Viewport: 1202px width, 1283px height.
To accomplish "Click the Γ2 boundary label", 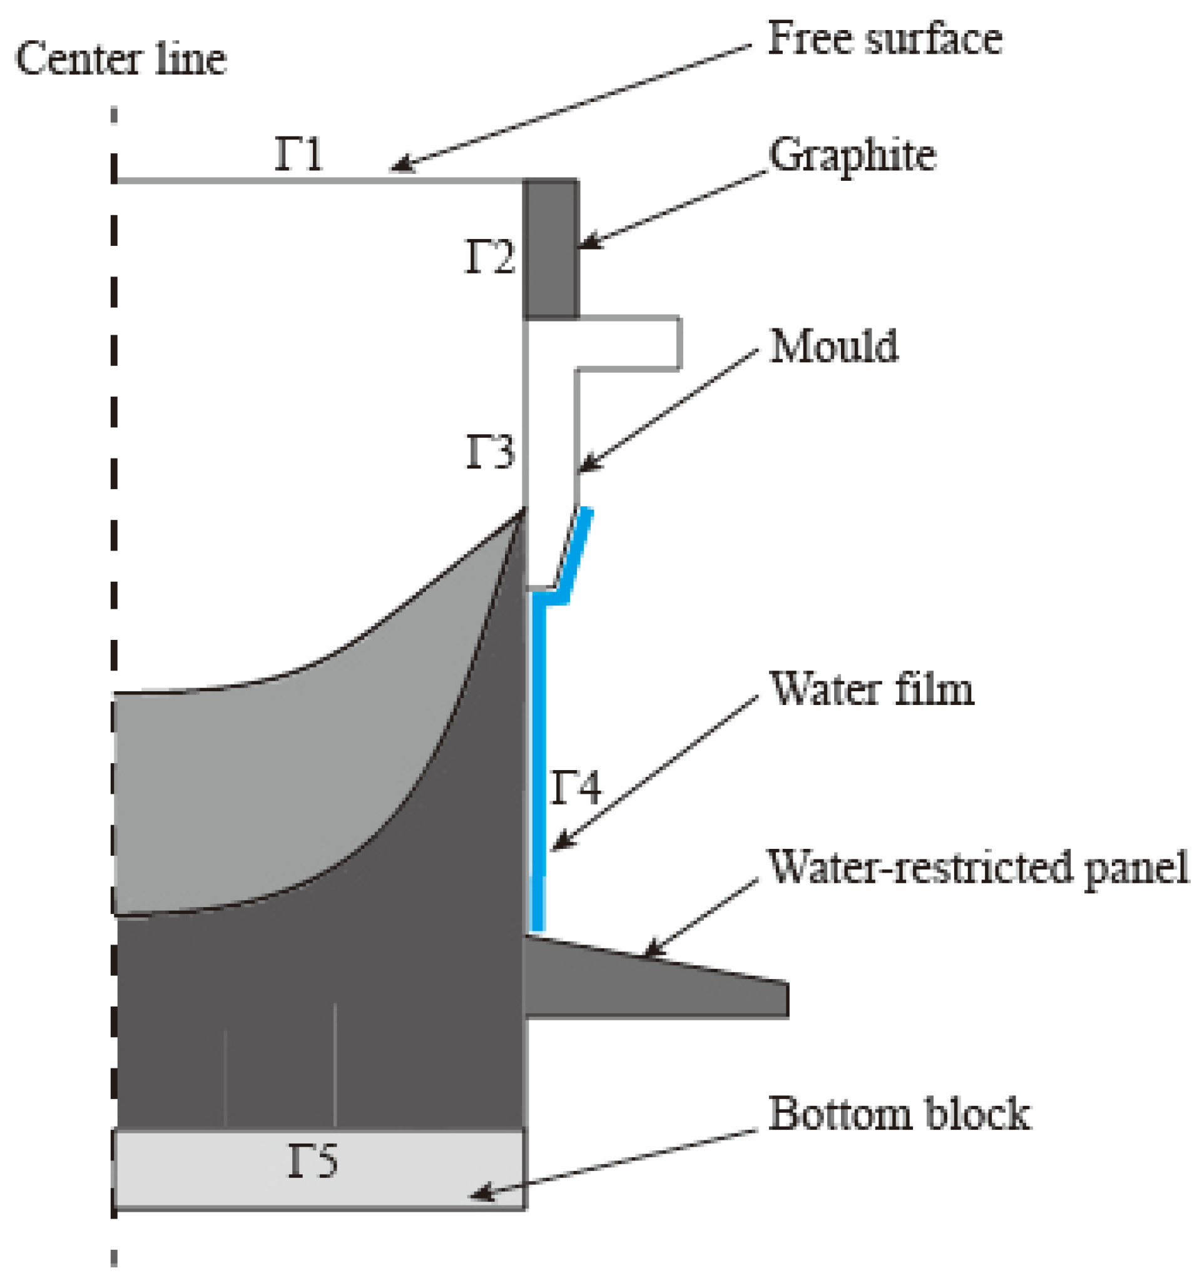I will click(489, 257).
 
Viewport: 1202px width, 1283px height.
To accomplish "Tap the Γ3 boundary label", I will click(489, 452).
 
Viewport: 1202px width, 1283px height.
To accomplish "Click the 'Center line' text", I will click(121, 59).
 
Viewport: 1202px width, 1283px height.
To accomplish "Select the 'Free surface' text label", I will click(884, 39).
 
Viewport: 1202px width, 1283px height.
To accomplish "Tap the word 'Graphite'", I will click(852, 156).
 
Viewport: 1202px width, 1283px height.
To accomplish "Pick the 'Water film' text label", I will click(872, 689).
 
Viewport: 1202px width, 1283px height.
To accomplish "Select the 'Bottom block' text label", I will click(899, 1114).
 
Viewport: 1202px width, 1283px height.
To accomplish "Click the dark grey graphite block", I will click(551, 249).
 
